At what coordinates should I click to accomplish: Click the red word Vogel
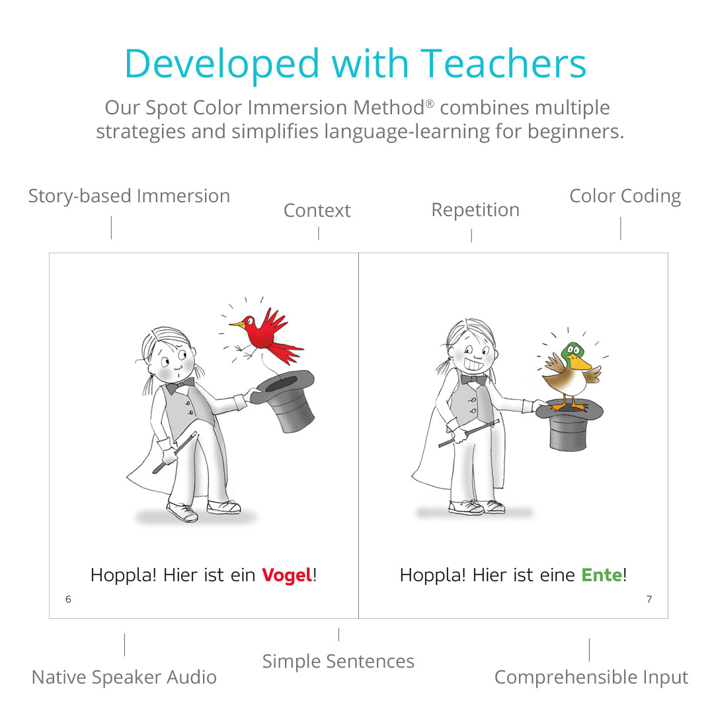pos(288,575)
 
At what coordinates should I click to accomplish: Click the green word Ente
pos(602,575)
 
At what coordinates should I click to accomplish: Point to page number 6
pos(68,599)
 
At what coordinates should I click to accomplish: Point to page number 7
pos(649,599)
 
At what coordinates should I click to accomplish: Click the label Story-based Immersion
pos(130,196)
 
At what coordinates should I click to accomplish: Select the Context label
pos(317,210)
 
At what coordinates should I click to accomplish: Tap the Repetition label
pos(475,210)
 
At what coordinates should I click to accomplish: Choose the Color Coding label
pos(625,196)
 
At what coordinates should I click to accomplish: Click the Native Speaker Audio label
pos(124,677)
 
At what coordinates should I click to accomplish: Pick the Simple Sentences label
pos(338,661)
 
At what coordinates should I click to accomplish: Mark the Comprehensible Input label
pos(592,677)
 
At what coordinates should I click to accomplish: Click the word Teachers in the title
pos(503,63)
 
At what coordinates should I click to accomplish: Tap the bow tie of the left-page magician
pos(179,386)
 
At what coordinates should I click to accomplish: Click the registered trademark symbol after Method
pos(430,103)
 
